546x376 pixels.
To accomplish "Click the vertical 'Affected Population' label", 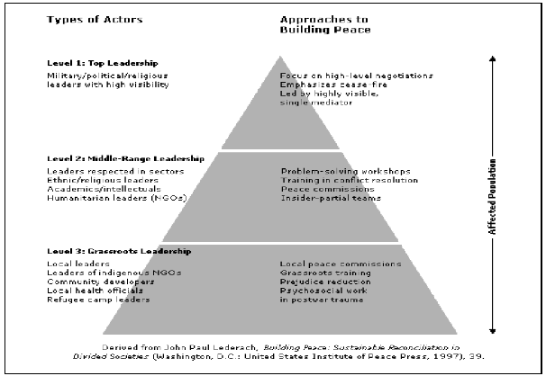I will [491, 205].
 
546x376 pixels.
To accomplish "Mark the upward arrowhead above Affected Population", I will [491, 58].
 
